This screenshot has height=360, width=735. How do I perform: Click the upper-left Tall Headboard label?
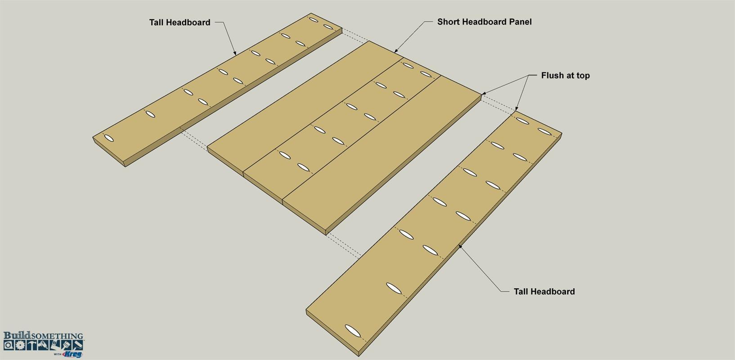pyautogui.click(x=179, y=22)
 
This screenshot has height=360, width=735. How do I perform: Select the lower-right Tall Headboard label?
pyautogui.click(x=544, y=292)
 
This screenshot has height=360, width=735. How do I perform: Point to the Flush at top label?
pyautogui.click(x=565, y=76)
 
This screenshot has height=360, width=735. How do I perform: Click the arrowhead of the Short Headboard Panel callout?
pyautogui.click(x=396, y=51)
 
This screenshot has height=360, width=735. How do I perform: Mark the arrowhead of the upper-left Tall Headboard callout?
pyautogui.click(x=235, y=53)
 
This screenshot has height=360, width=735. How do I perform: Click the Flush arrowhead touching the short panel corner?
pyautogui.click(x=484, y=94)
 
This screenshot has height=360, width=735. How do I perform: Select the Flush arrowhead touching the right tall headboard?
pyautogui.click(x=516, y=108)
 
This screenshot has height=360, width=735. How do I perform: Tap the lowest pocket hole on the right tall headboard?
pyautogui.click(x=353, y=331)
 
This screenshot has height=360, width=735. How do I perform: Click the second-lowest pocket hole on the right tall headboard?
pyautogui.click(x=394, y=288)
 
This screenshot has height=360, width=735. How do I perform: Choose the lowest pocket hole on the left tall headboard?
pyautogui.click(x=109, y=138)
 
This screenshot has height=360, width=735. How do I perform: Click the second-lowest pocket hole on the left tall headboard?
pyautogui.click(x=150, y=114)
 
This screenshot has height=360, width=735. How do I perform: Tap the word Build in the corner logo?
pyautogui.click(x=17, y=335)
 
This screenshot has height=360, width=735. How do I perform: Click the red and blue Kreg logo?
pyautogui.click(x=72, y=354)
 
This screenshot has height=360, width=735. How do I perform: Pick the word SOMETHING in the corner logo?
pyautogui.click(x=57, y=336)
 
